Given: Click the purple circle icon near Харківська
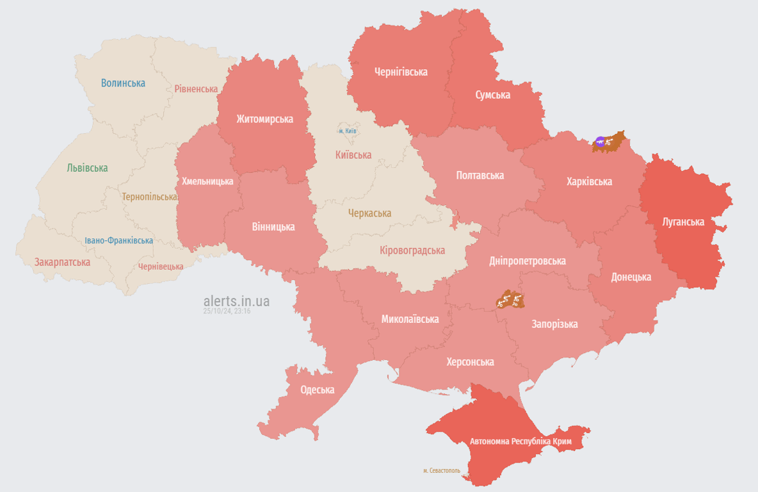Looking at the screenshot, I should pyautogui.click(x=600, y=142).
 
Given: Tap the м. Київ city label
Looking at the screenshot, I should pyautogui.click(x=348, y=131).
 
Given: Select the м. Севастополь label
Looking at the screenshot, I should pyautogui.click(x=441, y=470).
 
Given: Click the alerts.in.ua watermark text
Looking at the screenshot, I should pyautogui.click(x=236, y=301).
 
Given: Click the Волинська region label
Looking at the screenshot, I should pyautogui.click(x=123, y=83).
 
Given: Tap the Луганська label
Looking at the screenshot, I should pyautogui.click(x=683, y=222).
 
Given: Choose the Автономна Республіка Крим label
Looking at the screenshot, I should pyautogui.click(x=521, y=441).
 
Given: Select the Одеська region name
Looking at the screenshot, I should pyautogui.click(x=318, y=389).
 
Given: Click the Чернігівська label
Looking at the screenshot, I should pyautogui.click(x=401, y=72).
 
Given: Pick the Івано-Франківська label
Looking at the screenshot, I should pyautogui.click(x=118, y=240).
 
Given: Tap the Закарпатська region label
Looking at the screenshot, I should pyautogui.click(x=62, y=262).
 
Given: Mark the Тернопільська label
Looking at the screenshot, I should pyautogui.click(x=150, y=197).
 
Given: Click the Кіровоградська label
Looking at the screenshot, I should pyautogui.click(x=412, y=250).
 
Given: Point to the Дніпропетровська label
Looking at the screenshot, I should pyautogui.click(x=527, y=261).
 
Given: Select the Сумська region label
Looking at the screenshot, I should pyautogui.click(x=492, y=95).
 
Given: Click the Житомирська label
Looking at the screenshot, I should pyautogui.click(x=264, y=119).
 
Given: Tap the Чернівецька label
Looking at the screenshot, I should pyautogui.click(x=161, y=266).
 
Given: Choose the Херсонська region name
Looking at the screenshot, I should pyautogui.click(x=470, y=361).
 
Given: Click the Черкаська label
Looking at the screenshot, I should pyautogui.click(x=369, y=213).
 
